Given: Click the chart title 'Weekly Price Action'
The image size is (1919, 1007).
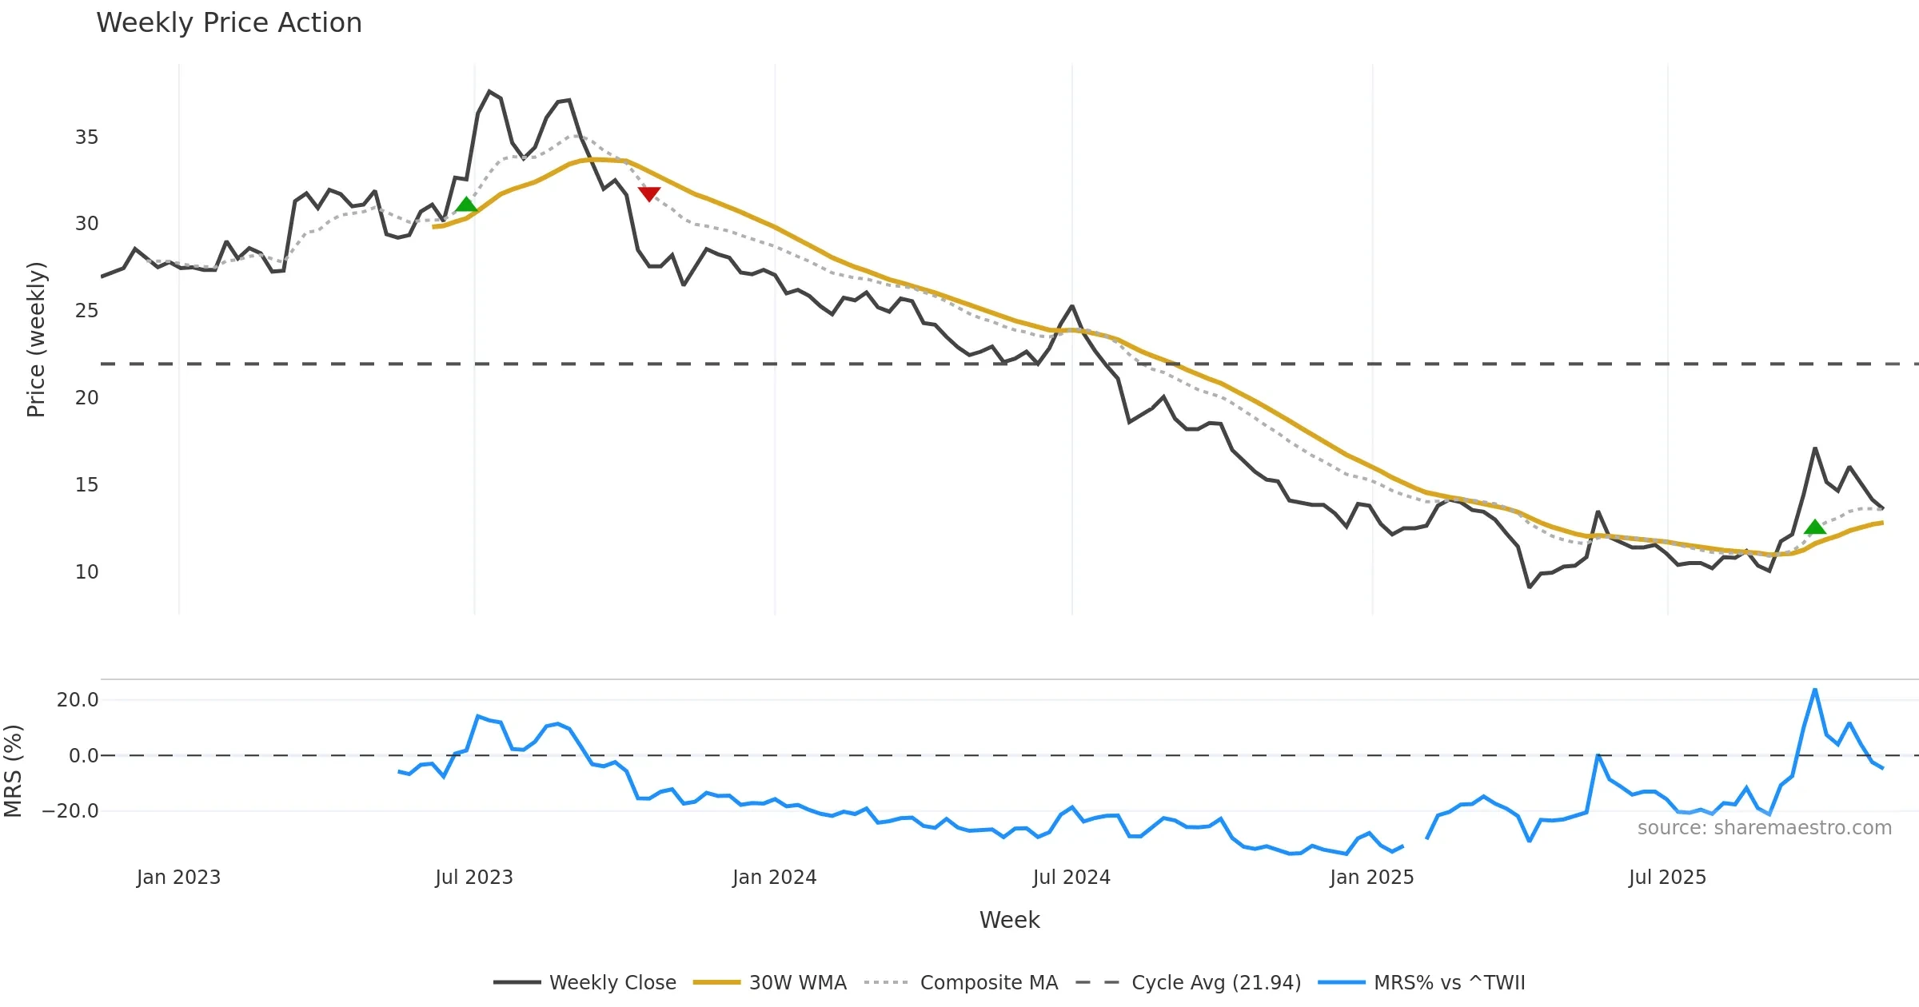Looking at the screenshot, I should (229, 23).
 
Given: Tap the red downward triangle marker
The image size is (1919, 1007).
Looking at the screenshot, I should (649, 193).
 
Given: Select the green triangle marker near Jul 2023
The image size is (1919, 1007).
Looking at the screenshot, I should (466, 205).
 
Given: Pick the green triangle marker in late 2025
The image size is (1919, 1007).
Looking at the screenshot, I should (1815, 527).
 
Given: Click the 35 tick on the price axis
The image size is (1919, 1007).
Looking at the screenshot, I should (86, 137).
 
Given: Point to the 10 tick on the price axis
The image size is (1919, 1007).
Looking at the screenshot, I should (86, 572).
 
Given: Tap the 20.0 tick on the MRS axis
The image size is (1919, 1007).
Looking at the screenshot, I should (78, 700).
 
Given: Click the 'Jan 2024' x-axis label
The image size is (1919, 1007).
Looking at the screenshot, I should (774, 878).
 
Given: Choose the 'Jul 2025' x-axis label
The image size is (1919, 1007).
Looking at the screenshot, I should (1667, 878).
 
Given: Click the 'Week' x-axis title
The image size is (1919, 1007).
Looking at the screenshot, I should (1009, 921).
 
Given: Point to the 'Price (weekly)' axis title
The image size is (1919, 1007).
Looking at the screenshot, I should (36, 340).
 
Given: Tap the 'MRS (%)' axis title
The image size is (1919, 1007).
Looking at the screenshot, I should (13, 771).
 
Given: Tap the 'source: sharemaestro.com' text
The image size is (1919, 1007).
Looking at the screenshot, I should (1764, 828).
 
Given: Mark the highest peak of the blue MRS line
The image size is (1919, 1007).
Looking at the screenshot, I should (1815, 690).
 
